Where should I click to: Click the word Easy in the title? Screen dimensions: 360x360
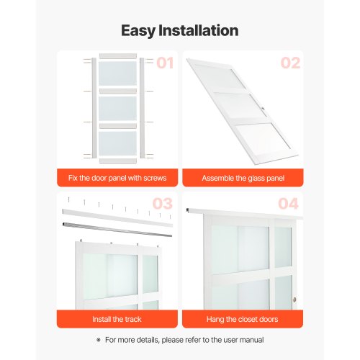(138, 31)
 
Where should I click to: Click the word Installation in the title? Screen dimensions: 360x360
(199, 30)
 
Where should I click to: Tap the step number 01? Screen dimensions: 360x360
(165, 63)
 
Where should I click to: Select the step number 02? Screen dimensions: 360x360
(290, 63)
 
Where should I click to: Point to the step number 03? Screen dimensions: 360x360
(163, 204)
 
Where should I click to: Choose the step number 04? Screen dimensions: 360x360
(288, 204)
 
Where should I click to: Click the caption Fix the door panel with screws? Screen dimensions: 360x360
(117, 178)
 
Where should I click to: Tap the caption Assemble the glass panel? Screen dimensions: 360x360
(243, 178)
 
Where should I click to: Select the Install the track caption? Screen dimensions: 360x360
(117, 319)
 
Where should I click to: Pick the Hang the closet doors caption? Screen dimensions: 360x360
(243, 319)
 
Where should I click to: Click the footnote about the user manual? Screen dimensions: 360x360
(184, 340)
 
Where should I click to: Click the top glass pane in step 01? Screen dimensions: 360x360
(117, 73)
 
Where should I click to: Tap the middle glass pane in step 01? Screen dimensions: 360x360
(117, 109)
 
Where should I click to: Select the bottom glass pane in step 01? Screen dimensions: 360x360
(117, 143)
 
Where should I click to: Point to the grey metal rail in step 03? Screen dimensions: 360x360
(117, 230)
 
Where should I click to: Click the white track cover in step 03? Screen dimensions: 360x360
(117, 217)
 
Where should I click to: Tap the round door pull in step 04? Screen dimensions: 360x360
(294, 300)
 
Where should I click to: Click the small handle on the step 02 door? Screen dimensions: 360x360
(263, 109)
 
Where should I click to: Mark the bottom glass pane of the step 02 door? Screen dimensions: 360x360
(264, 140)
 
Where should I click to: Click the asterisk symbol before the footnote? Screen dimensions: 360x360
(99, 340)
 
